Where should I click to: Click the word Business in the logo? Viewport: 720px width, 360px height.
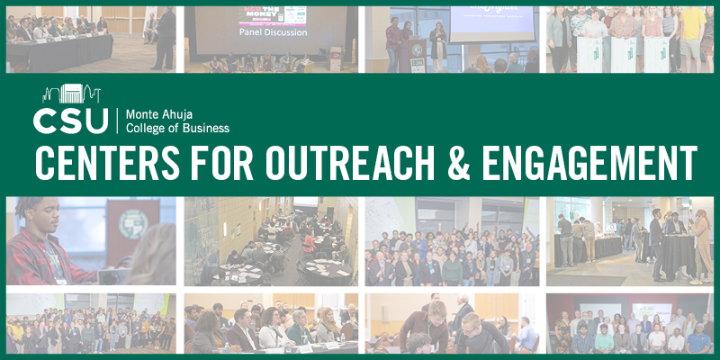[207, 129]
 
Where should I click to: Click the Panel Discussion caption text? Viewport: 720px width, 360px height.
[274, 32]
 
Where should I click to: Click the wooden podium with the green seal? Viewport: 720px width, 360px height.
[418, 55]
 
